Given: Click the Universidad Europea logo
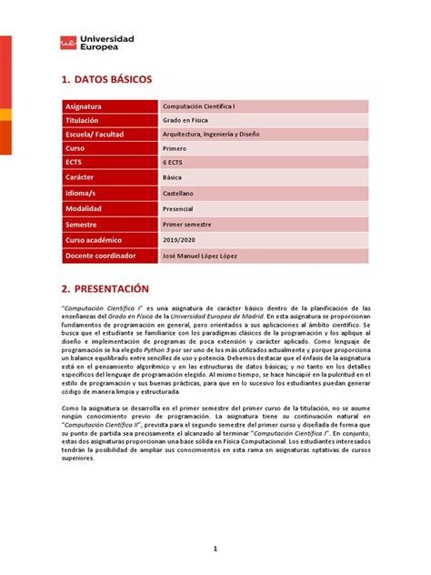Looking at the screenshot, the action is point(96,43).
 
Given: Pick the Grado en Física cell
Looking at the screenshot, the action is point(186,120).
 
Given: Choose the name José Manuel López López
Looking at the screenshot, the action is point(205,257).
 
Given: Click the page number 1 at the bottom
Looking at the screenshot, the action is point(215,549).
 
